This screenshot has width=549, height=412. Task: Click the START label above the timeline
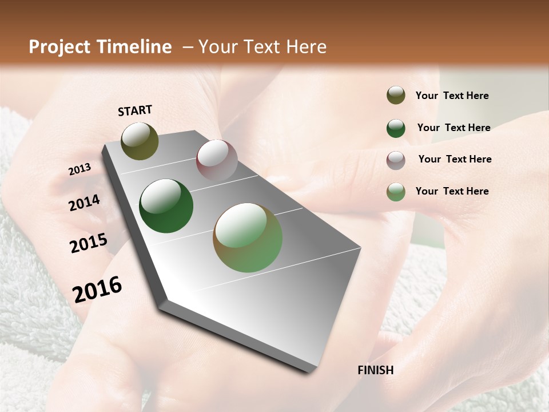click(135, 110)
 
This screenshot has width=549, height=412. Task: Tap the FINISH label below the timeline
click(376, 370)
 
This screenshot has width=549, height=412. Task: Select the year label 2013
click(79, 169)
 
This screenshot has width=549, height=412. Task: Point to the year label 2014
click(85, 203)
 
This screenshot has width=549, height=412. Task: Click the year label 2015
click(89, 243)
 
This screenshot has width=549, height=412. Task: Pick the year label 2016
click(97, 290)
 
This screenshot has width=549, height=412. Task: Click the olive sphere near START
click(140, 141)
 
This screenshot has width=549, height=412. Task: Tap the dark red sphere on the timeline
click(217, 161)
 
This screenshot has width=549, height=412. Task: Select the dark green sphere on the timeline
click(166, 206)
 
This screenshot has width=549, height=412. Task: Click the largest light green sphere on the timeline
click(248, 237)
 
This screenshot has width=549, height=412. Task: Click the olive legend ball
click(396, 96)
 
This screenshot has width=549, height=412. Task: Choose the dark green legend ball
click(396, 128)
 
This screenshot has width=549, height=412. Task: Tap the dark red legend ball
click(396, 160)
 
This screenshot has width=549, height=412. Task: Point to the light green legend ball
click(396, 192)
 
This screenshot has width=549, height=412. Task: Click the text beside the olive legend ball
click(452, 96)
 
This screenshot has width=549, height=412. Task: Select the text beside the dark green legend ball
click(453, 128)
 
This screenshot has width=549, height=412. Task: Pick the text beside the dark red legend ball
click(455, 159)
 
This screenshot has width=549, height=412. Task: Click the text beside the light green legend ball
click(452, 191)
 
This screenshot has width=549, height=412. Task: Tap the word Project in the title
click(58, 47)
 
